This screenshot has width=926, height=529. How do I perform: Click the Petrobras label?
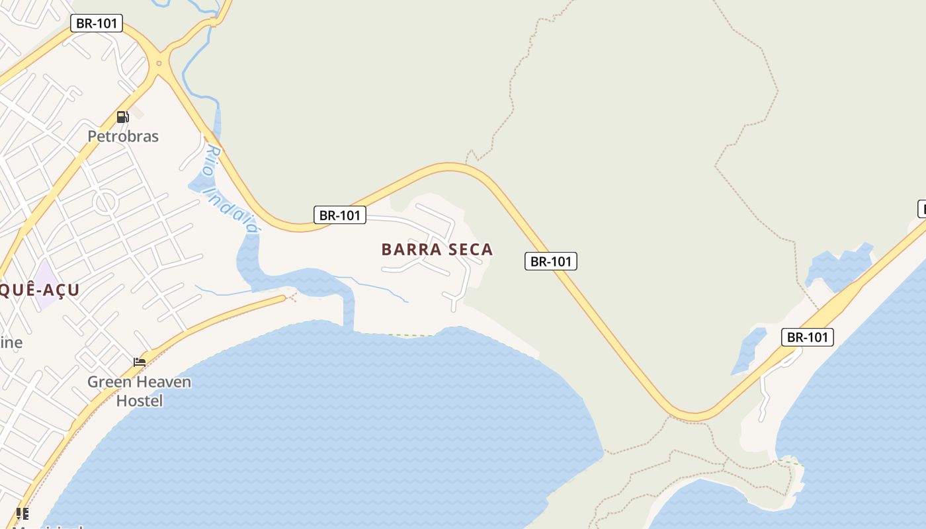pos(123,136)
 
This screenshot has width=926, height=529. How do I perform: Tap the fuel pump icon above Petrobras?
pos(122,117)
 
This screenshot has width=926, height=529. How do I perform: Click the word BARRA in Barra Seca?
pos(409,249)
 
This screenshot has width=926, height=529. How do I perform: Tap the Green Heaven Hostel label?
pos(139,391)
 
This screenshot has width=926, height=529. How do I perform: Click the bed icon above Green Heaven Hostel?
pos(139,362)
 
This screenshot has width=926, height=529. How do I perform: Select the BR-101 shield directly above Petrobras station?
pos(97,23)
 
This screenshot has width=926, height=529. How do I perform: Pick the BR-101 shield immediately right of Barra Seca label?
pos(551,261)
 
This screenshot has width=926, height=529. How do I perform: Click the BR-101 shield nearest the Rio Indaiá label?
pos(339,215)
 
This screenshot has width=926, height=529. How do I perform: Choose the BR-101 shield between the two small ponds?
pos(807,337)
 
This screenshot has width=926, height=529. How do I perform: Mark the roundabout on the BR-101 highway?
pos(159,64)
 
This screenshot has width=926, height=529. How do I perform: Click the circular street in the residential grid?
pos(105,202)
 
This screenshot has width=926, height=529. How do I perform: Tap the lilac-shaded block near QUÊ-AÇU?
pos(45,285)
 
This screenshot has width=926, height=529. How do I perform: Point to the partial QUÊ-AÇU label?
pos(40,290)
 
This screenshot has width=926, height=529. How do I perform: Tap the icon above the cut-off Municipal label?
pos(22,513)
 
